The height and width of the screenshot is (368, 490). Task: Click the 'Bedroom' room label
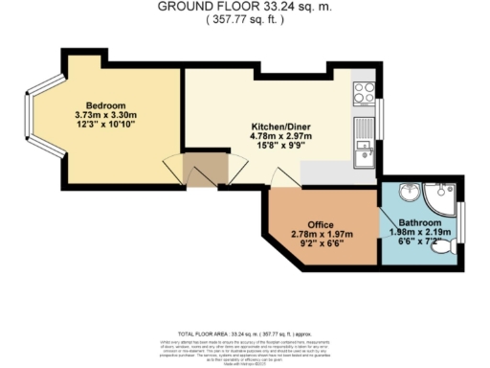coord(105,105)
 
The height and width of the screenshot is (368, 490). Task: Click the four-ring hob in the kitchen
coord(364,93)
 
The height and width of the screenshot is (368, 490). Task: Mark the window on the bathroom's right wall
coord(460,221)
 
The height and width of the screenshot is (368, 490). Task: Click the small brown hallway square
coord(203,169)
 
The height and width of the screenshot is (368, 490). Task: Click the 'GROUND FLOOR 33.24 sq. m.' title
coord(244,6)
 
